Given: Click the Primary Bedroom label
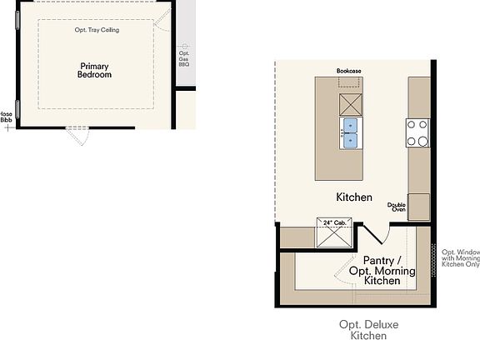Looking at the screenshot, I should tap(95, 70).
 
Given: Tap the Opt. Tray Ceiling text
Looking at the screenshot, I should tap(97, 30).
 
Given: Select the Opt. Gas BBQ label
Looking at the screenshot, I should tap(184, 58).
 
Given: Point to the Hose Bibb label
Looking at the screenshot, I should tap(6, 117).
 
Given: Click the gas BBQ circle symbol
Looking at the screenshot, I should tap(184, 46).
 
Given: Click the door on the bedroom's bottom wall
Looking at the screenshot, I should tap(77, 136).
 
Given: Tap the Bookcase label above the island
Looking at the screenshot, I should tap(348, 72).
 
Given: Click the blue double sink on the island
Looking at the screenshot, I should tap(350, 132).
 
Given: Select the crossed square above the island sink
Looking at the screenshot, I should tap(350, 104).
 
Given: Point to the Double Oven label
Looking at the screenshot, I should tap(397, 207).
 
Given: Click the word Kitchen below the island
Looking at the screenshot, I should tap(353, 197).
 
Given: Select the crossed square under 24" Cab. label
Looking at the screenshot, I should tap(333, 237).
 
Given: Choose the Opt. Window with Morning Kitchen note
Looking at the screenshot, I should tap(460, 258).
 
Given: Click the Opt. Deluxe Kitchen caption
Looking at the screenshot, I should tap(362, 330).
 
